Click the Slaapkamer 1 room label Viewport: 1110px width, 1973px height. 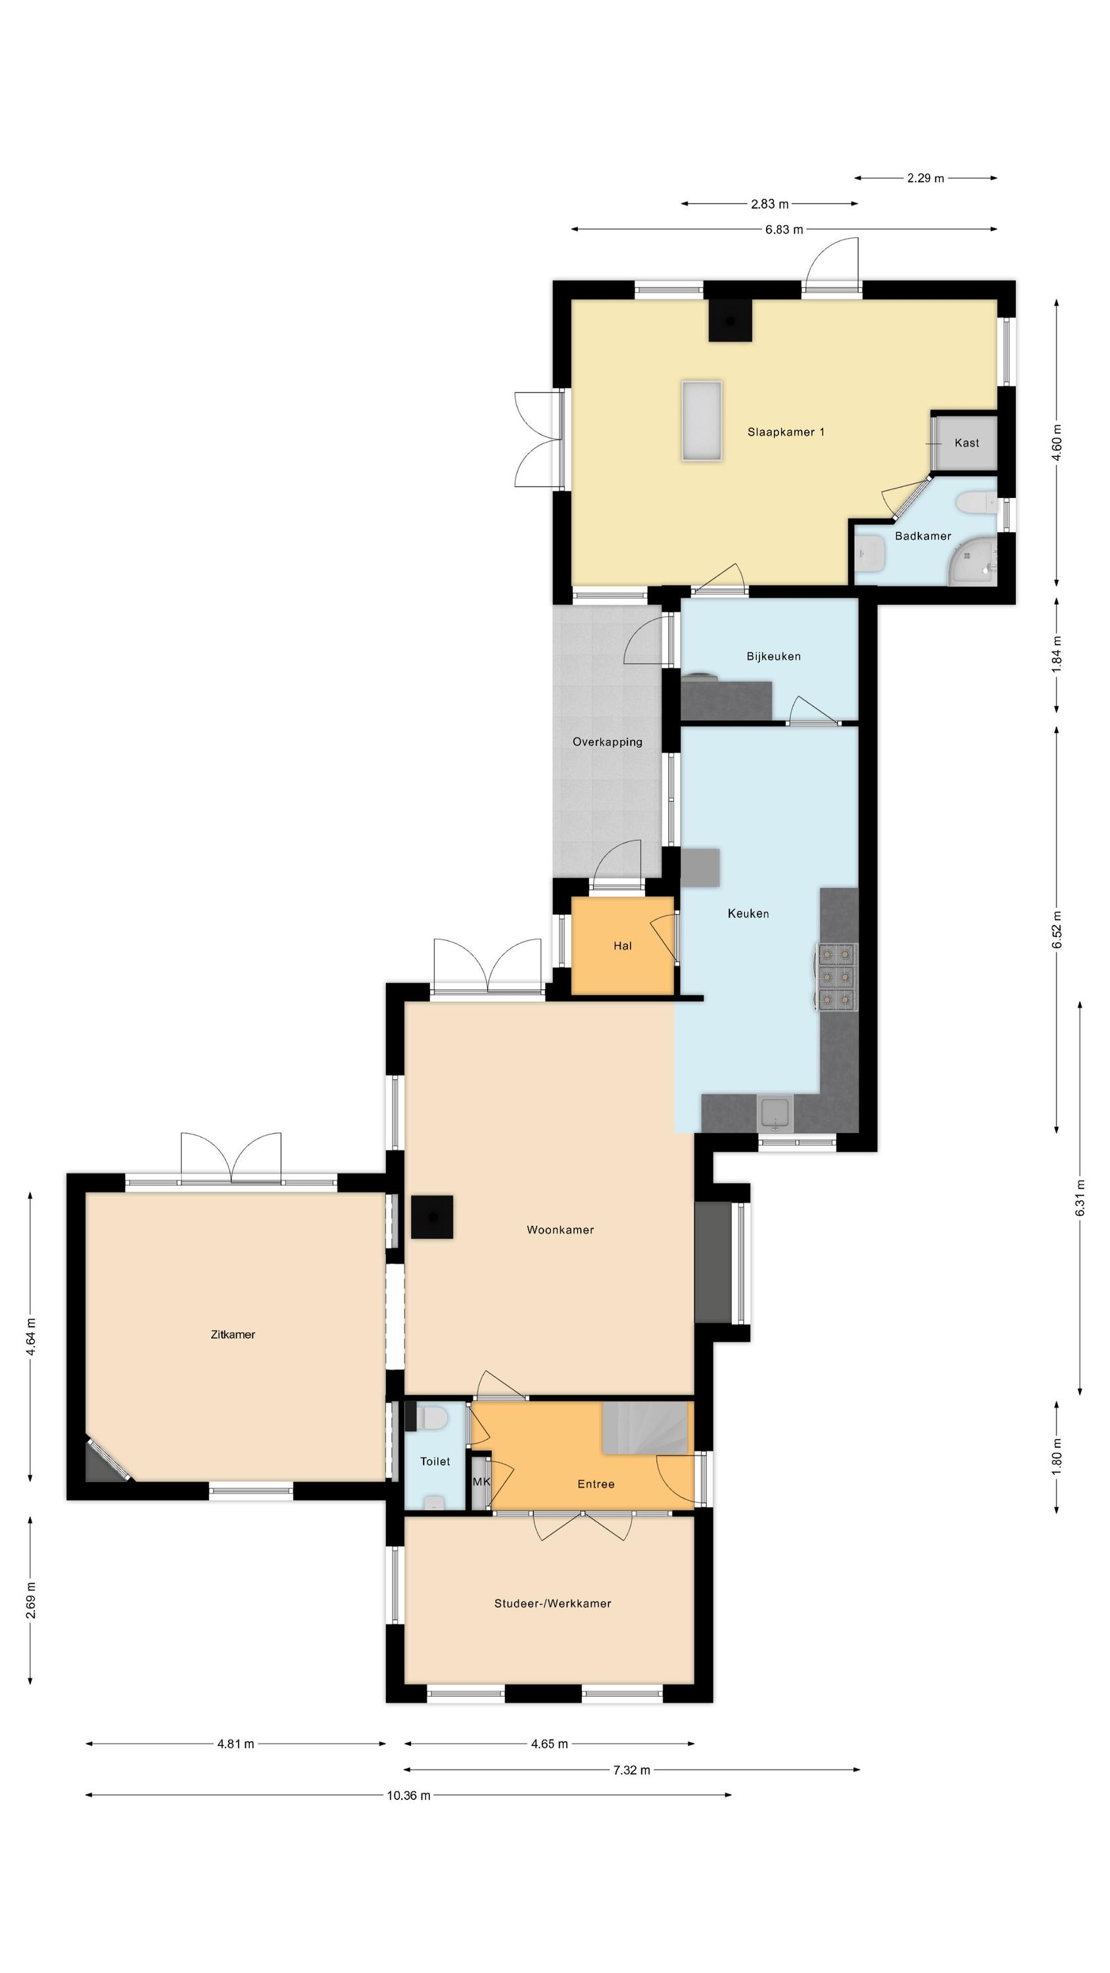coord(786,432)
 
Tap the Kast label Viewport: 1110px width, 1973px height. coord(967,443)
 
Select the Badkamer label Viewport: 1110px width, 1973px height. coord(923,536)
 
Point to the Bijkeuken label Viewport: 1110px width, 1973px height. coord(774,656)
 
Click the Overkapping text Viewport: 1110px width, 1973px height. coord(608,742)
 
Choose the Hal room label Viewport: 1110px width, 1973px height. coord(623,946)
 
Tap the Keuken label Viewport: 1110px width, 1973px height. coord(748,913)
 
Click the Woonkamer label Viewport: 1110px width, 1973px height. coord(561,1230)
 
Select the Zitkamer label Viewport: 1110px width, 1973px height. coord(233,1334)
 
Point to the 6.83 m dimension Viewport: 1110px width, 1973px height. coord(784,229)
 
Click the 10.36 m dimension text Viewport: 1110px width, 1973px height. coord(408,1795)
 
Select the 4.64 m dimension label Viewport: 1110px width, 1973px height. coord(31,1337)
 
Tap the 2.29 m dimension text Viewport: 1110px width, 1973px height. coord(925,178)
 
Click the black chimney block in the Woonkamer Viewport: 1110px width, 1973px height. coord(432,1217)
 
